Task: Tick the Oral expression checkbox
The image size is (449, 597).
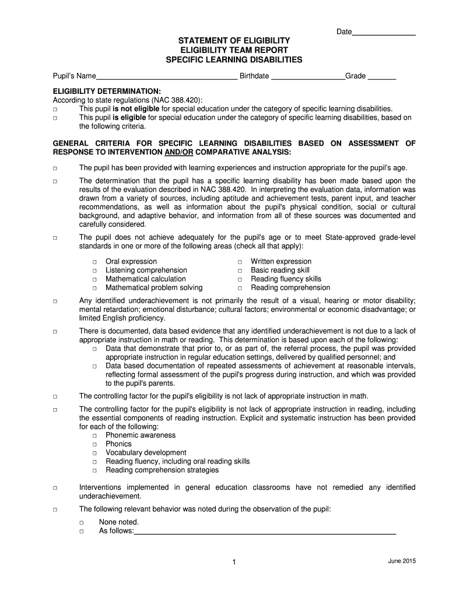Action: pyautogui.click(x=94, y=262)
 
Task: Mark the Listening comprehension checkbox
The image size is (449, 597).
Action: pyautogui.click(x=94, y=271)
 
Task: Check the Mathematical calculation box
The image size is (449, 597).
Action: pyautogui.click(x=94, y=280)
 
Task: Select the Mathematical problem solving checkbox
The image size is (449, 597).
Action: pyautogui.click(x=94, y=288)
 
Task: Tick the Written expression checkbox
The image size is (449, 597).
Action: pyautogui.click(x=240, y=262)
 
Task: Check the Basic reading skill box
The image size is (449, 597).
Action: pyautogui.click(x=240, y=271)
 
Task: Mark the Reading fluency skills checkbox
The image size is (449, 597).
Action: pyautogui.click(x=240, y=280)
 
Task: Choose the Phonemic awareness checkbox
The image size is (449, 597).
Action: pyautogui.click(x=94, y=436)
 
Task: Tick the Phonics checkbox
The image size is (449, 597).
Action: pyautogui.click(x=94, y=445)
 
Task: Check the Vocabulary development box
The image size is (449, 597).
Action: pyautogui.click(x=94, y=453)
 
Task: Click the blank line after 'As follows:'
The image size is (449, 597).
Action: pyautogui.click(x=265, y=532)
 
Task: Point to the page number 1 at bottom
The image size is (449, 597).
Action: pyautogui.click(x=233, y=562)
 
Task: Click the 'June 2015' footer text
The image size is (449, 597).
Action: pyautogui.click(x=401, y=561)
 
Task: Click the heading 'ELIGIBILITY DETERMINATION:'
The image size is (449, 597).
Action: pyautogui.click(x=107, y=92)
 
